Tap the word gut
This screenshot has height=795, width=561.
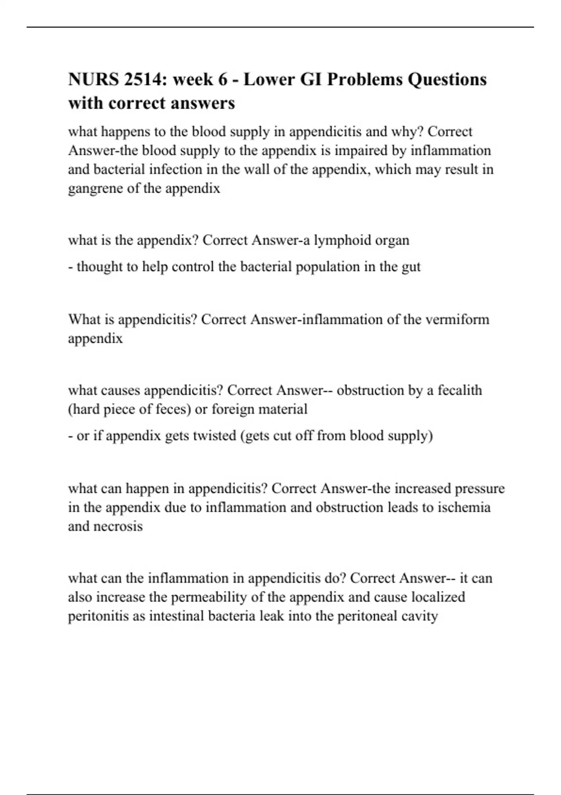411,267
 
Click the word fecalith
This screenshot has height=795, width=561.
460,390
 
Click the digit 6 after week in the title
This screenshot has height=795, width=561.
223,79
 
